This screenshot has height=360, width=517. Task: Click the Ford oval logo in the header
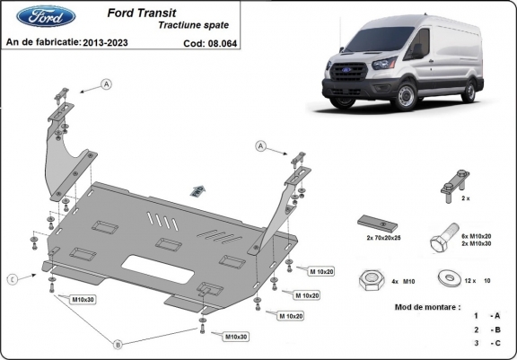31,17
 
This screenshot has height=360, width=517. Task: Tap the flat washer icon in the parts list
445,277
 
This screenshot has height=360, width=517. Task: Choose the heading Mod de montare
427,307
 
